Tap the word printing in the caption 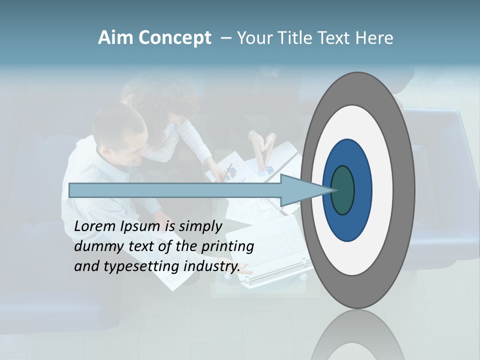227,246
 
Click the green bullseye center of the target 343,190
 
